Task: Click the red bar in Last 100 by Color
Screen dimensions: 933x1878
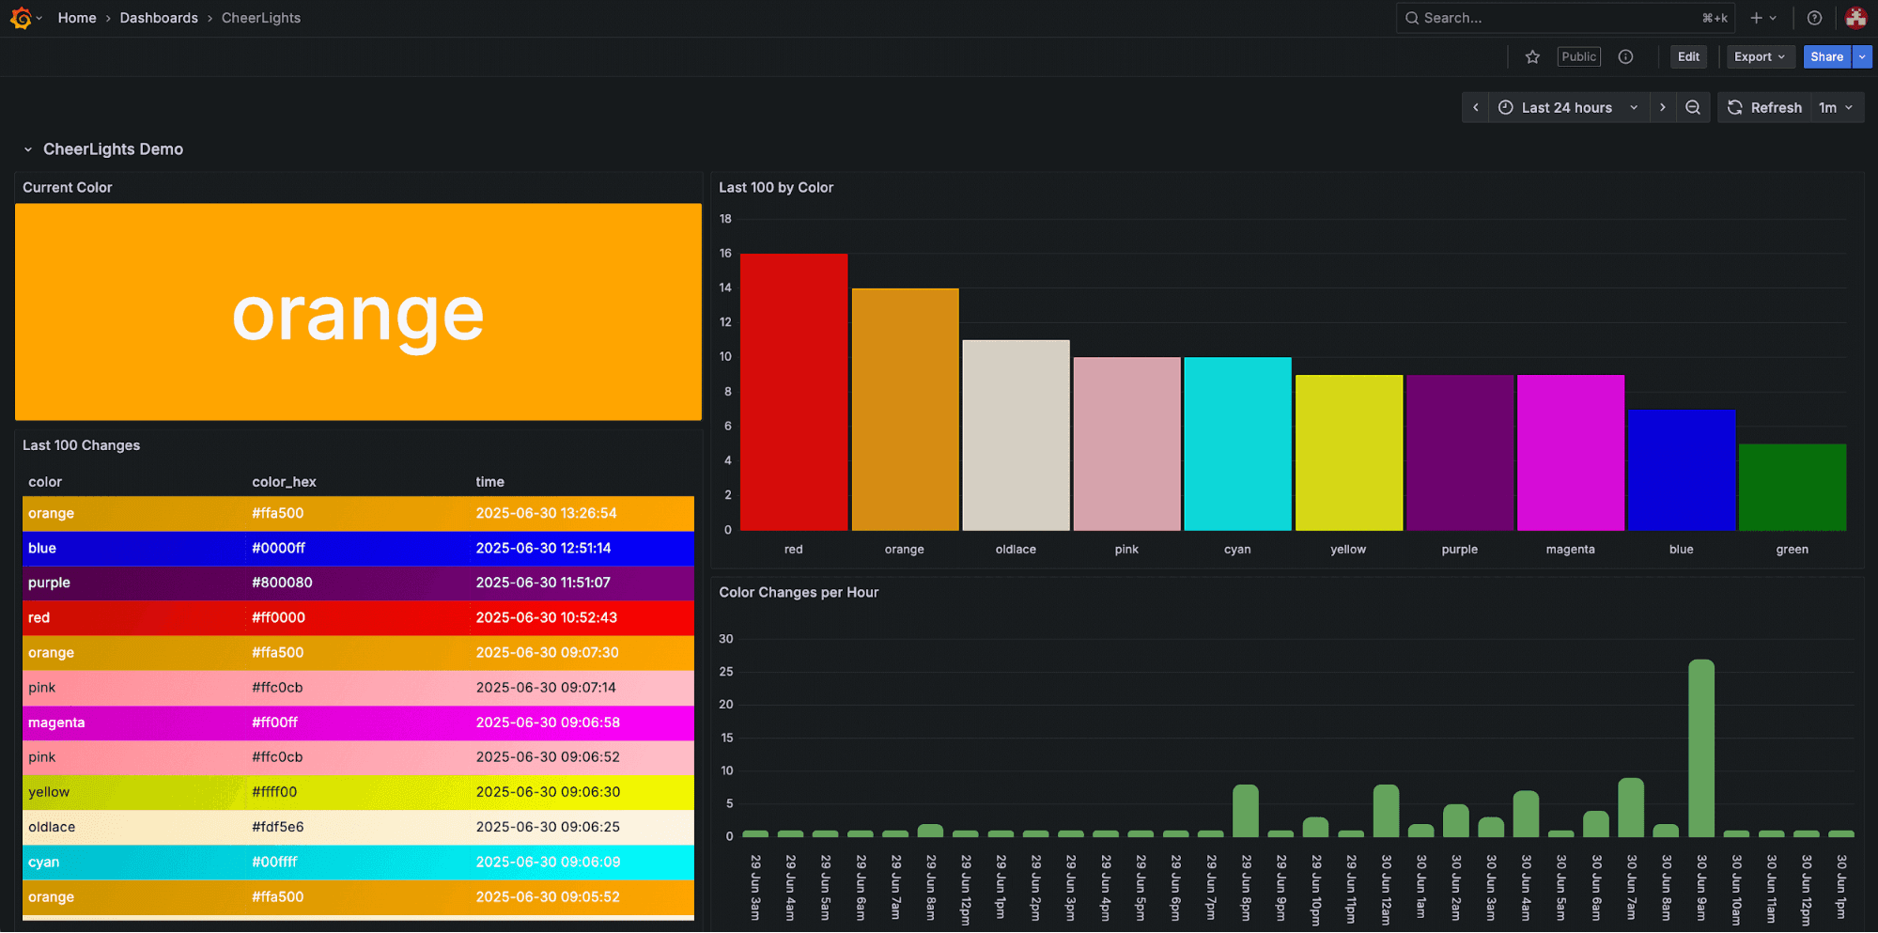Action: pos(794,392)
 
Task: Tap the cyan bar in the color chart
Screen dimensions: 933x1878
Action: pos(1237,443)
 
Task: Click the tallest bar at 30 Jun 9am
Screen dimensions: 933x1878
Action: pos(1700,748)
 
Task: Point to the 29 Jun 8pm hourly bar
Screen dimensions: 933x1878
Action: pos(1245,811)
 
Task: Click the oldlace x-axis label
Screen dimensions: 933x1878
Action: pos(1016,550)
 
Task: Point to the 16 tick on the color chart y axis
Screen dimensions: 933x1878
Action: pos(725,254)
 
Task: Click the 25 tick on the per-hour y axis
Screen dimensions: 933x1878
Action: pos(726,672)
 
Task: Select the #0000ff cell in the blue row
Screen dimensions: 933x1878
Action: pos(278,548)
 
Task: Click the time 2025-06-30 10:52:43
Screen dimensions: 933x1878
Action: pos(546,617)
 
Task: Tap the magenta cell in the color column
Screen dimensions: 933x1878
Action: pos(56,723)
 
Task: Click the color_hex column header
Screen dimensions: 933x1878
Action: pos(284,482)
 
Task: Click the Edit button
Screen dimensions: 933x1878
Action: pos(1687,57)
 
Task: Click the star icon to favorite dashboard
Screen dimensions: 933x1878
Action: pos(1532,57)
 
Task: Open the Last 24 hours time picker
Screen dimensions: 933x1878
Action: pos(1567,108)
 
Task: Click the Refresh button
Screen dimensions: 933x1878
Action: pos(1764,108)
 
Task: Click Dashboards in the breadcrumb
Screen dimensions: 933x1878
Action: pos(159,18)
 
